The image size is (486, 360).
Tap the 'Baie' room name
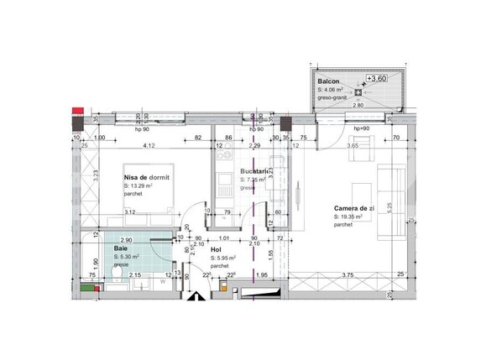point(122,248)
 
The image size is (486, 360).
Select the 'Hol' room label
point(216,249)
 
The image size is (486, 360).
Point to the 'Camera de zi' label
point(353,208)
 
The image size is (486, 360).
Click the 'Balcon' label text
point(329,81)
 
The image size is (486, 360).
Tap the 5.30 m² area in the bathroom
point(127,258)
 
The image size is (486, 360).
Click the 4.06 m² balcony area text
point(332,89)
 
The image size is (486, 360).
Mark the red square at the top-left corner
point(78,109)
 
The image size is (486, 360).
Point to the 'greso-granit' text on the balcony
point(333,97)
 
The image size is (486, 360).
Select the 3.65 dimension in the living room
point(353,147)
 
